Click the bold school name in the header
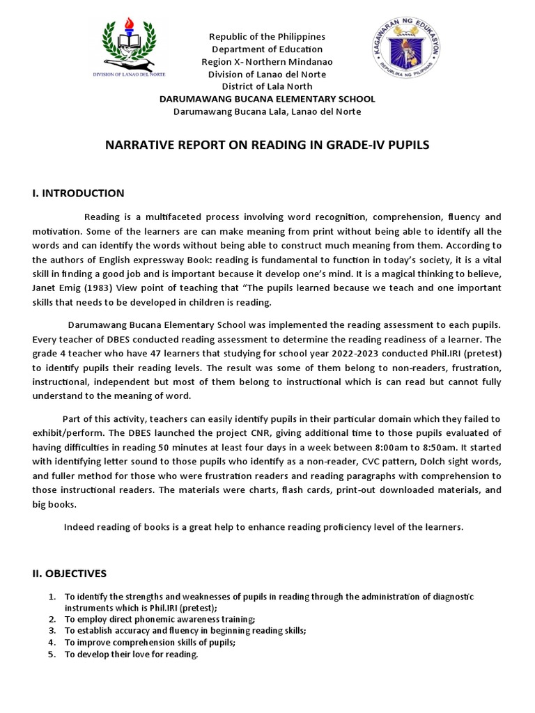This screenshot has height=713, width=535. pyautogui.click(x=267, y=99)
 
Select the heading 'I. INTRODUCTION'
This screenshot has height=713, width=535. pyautogui.click(x=78, y=193)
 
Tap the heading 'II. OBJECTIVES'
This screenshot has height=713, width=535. pyautogui.click(x=69, y=574)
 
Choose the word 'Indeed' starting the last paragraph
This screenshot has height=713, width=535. pyautogui.click(x=78, y=527)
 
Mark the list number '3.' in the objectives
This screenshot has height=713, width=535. pyautogui.click(x=52, y=631)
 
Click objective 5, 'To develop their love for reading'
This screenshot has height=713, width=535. pyautogui.click(x=132, y=655)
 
